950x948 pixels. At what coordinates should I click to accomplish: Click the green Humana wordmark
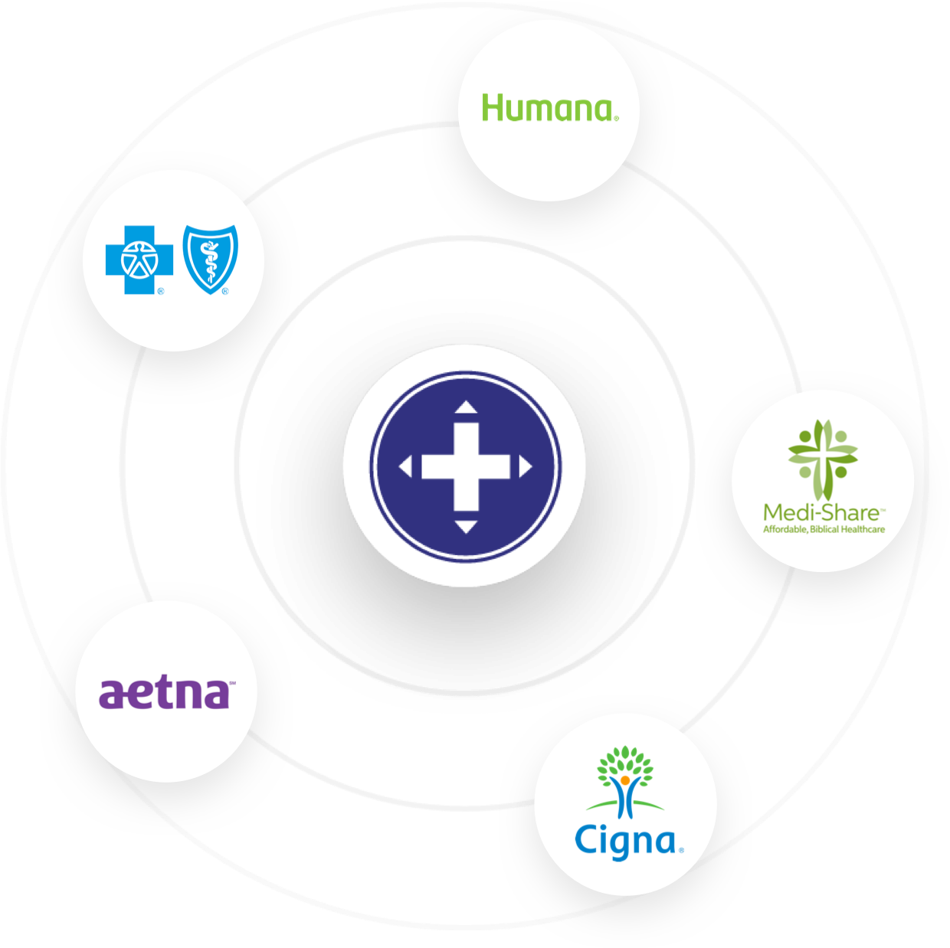coord(547,107)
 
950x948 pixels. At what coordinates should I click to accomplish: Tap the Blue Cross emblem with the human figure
coord(139,260)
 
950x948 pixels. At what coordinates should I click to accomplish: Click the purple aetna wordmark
coord(164,694)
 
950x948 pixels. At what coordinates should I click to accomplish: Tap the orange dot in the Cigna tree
coord(625,780)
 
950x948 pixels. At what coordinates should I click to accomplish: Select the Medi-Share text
coord(821,513)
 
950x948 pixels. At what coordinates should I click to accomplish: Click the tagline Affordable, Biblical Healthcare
coord(824,529)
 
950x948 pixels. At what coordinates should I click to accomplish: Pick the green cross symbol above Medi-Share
coord(823,459)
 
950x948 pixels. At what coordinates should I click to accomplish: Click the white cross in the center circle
coord(466,466)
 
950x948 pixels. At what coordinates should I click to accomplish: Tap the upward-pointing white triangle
coord(466,407)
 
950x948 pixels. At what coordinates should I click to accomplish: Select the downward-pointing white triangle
coord(466,527)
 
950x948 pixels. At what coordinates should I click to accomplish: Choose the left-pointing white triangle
coord(405,466)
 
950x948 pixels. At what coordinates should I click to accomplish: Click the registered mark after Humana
coord(616,119)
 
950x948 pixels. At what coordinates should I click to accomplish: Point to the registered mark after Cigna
coord(681,850)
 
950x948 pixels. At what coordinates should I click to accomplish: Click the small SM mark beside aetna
coord(233,683)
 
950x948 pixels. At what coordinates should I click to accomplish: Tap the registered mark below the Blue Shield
coord(225,291)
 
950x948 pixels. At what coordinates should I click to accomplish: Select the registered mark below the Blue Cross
coord(161,291)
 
